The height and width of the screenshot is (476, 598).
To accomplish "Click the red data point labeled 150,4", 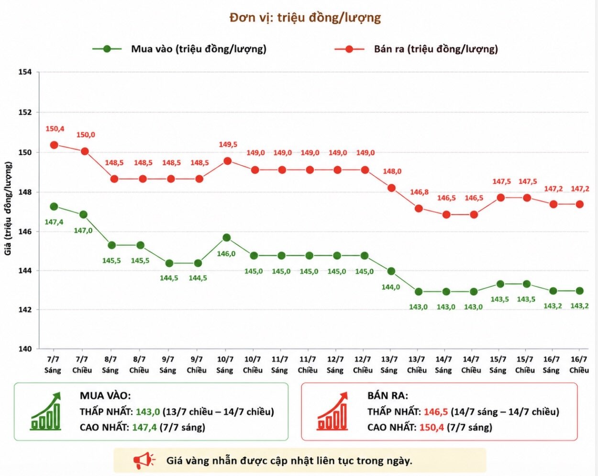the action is [54, 145].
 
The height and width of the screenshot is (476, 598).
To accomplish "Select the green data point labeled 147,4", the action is [54, 206].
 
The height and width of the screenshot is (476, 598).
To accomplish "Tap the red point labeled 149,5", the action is [228, 161].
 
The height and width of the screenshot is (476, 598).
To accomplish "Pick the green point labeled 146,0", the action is [226, 238].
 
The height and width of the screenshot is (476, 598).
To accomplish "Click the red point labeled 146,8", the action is [419, 208].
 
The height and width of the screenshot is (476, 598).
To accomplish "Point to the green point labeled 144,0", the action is [391, 271].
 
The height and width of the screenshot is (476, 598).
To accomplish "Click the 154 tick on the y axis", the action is [25, 72].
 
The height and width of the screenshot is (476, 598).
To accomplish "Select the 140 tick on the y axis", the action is [25, 349].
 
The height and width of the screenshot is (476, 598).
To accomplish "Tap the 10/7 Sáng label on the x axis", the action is [225, 365].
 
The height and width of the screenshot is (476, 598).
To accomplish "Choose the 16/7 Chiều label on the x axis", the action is [579, 365].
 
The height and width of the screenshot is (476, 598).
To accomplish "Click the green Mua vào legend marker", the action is [107, 49].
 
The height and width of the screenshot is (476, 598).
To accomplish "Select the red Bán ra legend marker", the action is [349, 49].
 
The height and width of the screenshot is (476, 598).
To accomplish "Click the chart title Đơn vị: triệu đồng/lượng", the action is [305, 18].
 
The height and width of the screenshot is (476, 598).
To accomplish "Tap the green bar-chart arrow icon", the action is [46, 411].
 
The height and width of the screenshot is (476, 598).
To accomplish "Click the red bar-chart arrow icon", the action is [332, 411].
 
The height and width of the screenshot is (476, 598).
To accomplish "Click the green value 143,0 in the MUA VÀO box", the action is [148, 411].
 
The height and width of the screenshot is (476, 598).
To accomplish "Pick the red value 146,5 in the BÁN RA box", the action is [436, 411].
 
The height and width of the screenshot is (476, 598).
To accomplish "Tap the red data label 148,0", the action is [392, 171].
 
